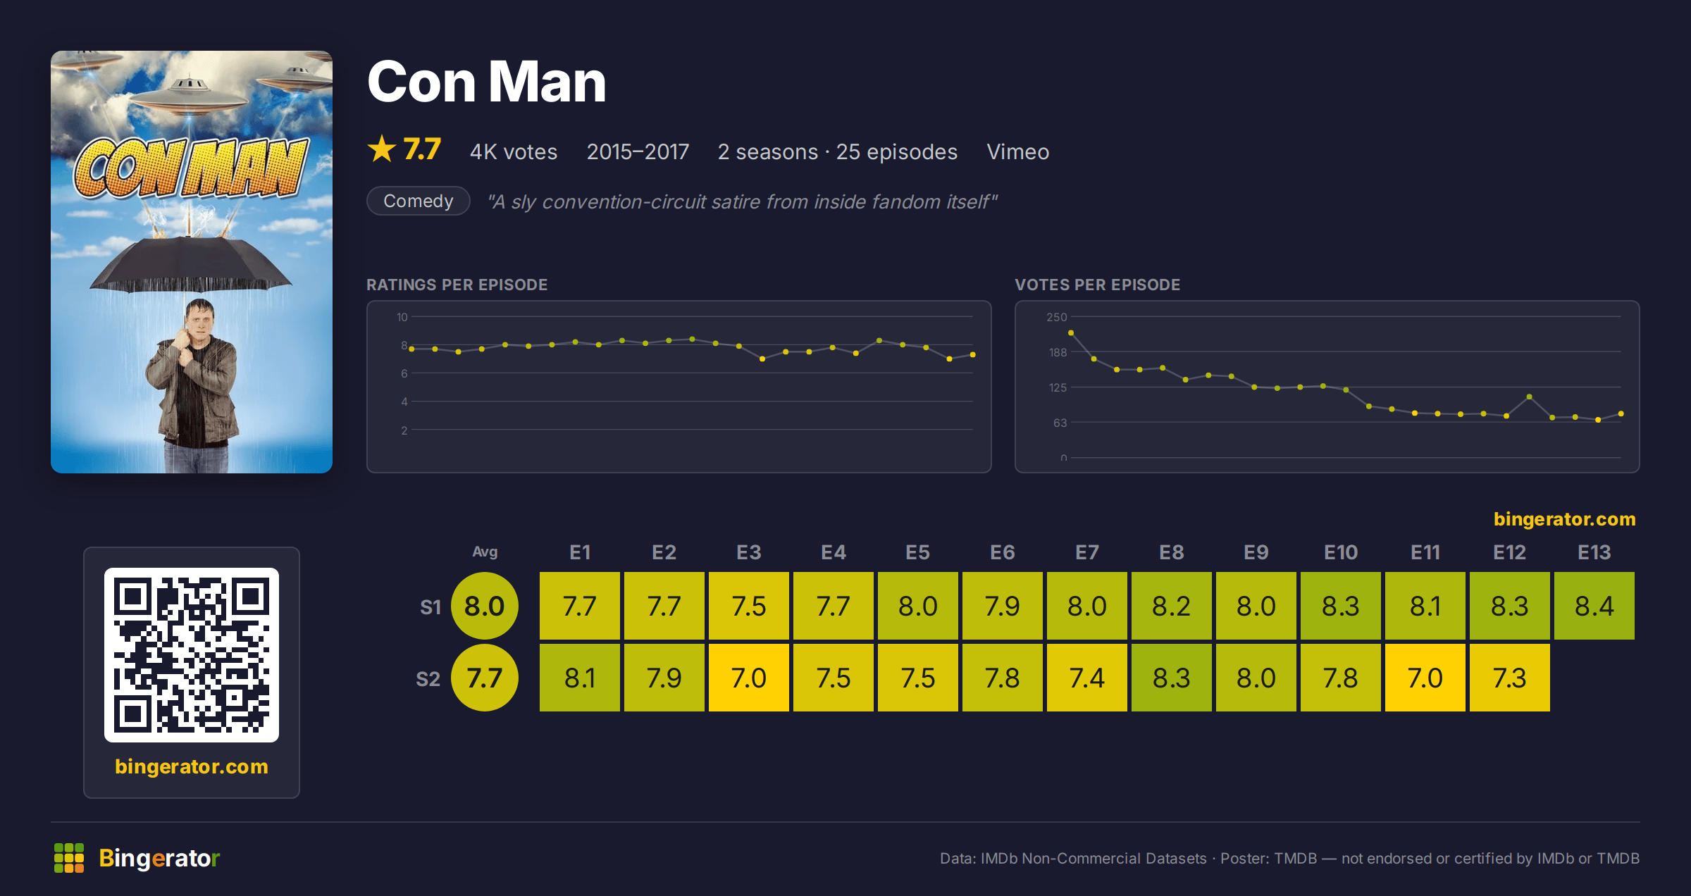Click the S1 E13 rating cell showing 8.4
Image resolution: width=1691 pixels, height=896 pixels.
tap(1594, 606)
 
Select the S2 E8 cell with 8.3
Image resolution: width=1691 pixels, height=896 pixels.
tap(1171, 678)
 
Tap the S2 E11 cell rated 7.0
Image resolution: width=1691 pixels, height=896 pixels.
tap(1425, 678)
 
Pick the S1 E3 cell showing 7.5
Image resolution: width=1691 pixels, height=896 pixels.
tap(748, 606)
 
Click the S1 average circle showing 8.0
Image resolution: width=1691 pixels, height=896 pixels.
tap(485, 606)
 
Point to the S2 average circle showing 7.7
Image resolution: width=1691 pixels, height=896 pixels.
tap(485, 678)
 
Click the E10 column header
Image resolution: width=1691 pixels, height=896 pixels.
tap(1340, 552)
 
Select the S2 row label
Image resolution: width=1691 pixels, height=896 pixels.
tap(428, 679)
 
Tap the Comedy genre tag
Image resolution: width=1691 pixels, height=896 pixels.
tap(419, 201)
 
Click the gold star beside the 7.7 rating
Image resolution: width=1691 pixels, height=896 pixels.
tap(382, 149)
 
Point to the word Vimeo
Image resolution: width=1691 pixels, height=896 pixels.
tap(1017, 151)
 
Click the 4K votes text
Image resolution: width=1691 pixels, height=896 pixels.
tap(514, 151)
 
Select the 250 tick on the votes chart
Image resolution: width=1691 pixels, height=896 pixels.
tap(1056, 317)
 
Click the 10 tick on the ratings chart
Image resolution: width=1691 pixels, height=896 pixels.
tap(402, 317)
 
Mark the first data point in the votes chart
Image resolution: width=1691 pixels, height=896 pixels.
tap(1071, 333)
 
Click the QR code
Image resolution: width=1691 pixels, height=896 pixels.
tap(192, 655)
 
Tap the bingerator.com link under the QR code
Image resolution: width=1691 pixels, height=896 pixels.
tap(192, 766)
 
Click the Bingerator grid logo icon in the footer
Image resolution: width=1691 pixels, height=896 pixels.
tap(69, 858)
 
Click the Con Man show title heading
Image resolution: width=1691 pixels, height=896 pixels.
tap(487, 82)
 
